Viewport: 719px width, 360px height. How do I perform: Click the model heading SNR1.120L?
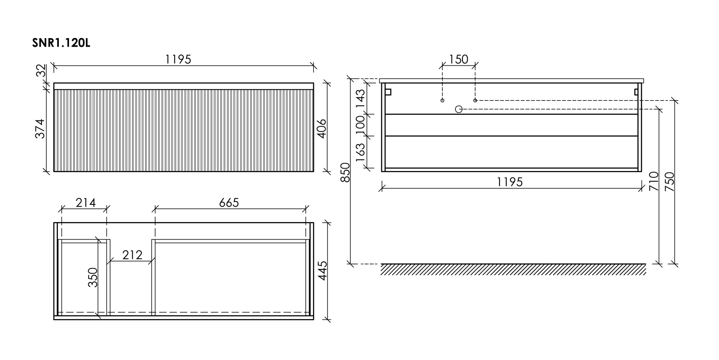(x=61, y=43)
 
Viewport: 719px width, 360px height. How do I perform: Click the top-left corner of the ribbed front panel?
(x=54, y=90)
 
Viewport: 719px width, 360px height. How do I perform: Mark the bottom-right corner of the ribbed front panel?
(x=313, y=172)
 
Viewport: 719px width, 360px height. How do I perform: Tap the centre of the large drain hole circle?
(x=459, y=109)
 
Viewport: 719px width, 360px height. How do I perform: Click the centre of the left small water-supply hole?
(x=442, y=100)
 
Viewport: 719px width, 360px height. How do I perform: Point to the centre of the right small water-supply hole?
(x=475, y=100)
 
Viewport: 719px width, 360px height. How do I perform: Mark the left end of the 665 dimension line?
(x=155, y=209)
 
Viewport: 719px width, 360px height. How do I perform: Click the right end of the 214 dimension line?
(x=107, y=209)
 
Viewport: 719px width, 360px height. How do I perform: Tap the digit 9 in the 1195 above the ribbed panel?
(x=181, y=59)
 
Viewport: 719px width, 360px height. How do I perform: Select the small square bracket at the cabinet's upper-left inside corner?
(x=388, y=92)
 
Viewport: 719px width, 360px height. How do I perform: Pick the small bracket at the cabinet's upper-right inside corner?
(x=636, y=92)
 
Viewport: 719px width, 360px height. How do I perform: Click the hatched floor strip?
(x=513, y=269)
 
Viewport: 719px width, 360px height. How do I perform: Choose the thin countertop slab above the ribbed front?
(x=184, y=86)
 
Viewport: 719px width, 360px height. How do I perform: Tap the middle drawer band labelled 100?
(x=511, y=125)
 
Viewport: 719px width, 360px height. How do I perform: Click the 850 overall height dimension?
(x=345, y=173)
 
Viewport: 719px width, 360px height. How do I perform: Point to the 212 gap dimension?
(x=132, y=255)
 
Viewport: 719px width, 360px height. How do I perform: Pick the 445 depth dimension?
(x=322, y=270)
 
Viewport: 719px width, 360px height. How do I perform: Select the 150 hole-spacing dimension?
(x=459, y=59)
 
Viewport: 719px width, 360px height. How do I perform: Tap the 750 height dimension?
(x=669, y=182)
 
